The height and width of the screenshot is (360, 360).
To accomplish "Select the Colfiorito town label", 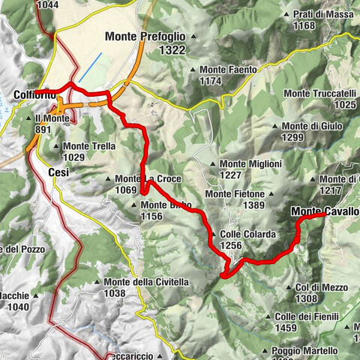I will pyautogui.click(x=34, y=94).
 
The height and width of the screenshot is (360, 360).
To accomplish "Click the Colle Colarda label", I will pyautogui.click(x=248, y=235).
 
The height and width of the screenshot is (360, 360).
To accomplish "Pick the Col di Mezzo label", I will pyautogui.click(x=316, y=287).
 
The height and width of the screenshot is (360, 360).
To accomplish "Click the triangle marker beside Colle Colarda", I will pyautogui.click(x=215, y=235).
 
